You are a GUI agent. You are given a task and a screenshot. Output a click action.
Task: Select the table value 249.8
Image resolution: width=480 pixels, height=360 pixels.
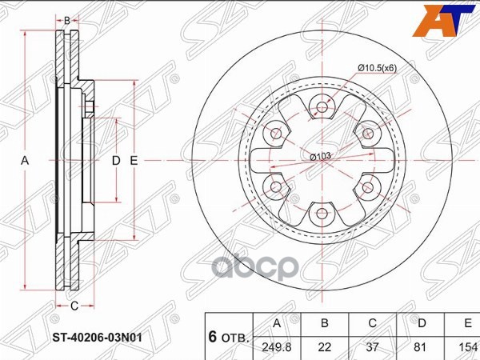[276, 348]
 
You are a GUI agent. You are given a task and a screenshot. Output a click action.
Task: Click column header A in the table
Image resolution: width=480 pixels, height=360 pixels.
[276, 323]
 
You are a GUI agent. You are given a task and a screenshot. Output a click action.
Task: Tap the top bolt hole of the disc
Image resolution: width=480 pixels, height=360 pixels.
[322, 106]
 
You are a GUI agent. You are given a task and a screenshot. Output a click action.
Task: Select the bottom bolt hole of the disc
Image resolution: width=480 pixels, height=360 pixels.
[322, 214]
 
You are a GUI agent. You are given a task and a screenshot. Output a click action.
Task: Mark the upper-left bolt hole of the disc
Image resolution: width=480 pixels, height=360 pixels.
[275, 133]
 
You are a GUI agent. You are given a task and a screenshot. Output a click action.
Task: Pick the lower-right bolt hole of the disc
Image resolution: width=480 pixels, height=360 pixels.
[368, 186]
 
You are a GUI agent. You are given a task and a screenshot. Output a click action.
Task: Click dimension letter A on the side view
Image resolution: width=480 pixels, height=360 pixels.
[25, 161]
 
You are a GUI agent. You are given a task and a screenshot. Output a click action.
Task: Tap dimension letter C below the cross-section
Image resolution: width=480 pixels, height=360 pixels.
[74, 305]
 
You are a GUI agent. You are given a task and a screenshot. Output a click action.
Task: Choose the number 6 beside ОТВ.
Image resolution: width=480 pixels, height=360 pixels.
[214, 337]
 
